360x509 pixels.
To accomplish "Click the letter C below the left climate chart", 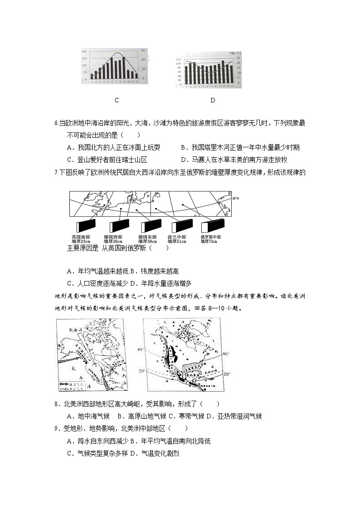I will click(x=117, y=100).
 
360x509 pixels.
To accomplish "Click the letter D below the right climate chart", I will click(x=213, y=100).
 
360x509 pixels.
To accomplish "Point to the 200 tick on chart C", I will click(x=84, y=52).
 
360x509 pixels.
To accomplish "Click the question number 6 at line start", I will click(x=56, y=123).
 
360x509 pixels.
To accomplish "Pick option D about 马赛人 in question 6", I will click(x=234, y=160).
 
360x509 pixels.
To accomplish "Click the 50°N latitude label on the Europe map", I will click(x=235, y=199).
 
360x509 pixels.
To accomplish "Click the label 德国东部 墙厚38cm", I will click(x=148, y=239).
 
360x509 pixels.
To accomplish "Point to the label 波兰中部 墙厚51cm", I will click(x=177, y=239).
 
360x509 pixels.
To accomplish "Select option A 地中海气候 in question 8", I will click(x=88, y=416).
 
